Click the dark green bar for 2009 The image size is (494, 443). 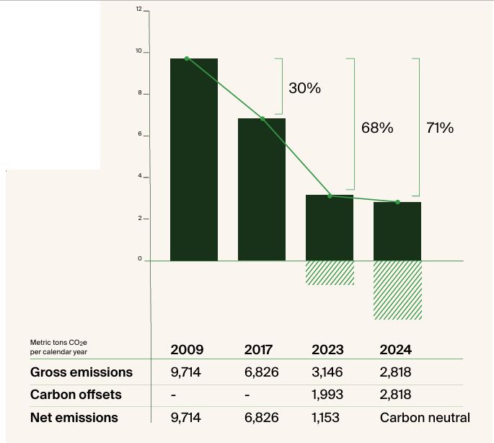click(193, 159)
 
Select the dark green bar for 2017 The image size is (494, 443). click(262, 189)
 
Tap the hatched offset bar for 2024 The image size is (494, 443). click(397, 289)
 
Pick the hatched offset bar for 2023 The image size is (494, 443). click(330, 273)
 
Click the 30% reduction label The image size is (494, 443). click(304, 89)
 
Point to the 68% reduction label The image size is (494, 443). click(377, 128)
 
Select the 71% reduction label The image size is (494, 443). click(440, 128)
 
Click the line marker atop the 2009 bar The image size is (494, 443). click(187, 58)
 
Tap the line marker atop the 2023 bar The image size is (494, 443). click(330, 196)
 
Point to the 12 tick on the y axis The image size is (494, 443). click(138, 9)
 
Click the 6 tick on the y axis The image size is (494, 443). click(138, 136)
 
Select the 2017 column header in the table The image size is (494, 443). click(258, 350)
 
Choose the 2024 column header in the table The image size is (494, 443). click(395, 350)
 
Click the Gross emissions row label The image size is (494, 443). click(81, 372)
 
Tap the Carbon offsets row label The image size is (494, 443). click(76, 395)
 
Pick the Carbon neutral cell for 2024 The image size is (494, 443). click(424, 418)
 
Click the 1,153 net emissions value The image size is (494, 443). click(327, 418)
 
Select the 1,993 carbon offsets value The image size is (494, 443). click(327, 395)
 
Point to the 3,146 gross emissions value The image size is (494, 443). click(327, 372)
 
